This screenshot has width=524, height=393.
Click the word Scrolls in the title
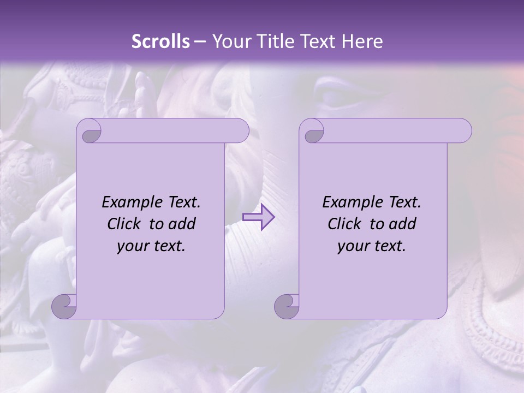click(160, 41)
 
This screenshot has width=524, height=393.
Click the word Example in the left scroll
click(129, 203)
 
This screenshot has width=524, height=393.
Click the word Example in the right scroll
click(350, 203)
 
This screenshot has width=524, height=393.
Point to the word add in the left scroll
click(182, 224)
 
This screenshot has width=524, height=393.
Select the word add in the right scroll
click(403, 224)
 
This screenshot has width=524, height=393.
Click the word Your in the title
click(230, 41)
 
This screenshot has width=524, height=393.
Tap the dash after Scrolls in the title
click(200, 41)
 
